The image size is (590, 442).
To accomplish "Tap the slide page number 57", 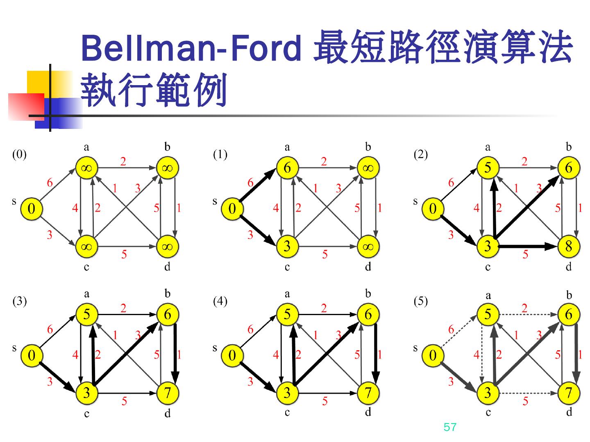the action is (x=449, y=427).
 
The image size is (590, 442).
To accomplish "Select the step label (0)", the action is (x=19, y=154).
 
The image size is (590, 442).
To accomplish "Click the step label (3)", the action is (x=19, y=301).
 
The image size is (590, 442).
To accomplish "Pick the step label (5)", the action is (x=420, y=301).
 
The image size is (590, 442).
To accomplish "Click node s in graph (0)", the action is (x=31, y=209).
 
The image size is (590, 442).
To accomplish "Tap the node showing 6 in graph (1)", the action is (x=287, y=168).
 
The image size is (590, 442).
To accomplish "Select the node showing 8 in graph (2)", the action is (x=568, y=246).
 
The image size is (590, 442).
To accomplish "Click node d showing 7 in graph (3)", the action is (x=167, y=393).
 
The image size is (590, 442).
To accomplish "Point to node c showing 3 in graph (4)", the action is (x=287, y=393).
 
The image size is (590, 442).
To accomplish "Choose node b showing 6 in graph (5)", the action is (x=568, y=314).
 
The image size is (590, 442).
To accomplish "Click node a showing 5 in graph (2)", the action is (x=488, y=168).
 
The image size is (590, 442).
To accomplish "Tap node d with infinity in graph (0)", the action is (x=167, y=246).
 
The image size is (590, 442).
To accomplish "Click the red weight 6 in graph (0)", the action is (x=50, y=183).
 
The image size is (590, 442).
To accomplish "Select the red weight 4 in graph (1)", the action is (x=276, y=208).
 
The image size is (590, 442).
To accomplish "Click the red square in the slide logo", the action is (x=25, y=106).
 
